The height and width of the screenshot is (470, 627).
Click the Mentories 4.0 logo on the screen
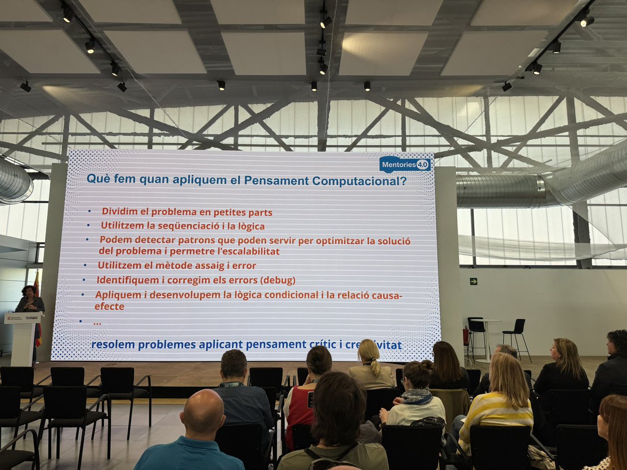[405, 164]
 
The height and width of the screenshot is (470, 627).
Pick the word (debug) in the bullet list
[277, 280]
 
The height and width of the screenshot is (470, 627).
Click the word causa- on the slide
[386, 295]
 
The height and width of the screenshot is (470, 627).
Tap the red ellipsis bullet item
[97, 323]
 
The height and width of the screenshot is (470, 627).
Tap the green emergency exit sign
[473, 281]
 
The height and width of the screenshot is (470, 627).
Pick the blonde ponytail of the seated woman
[375, 363]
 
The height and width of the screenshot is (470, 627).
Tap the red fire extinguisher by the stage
[466, 336]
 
